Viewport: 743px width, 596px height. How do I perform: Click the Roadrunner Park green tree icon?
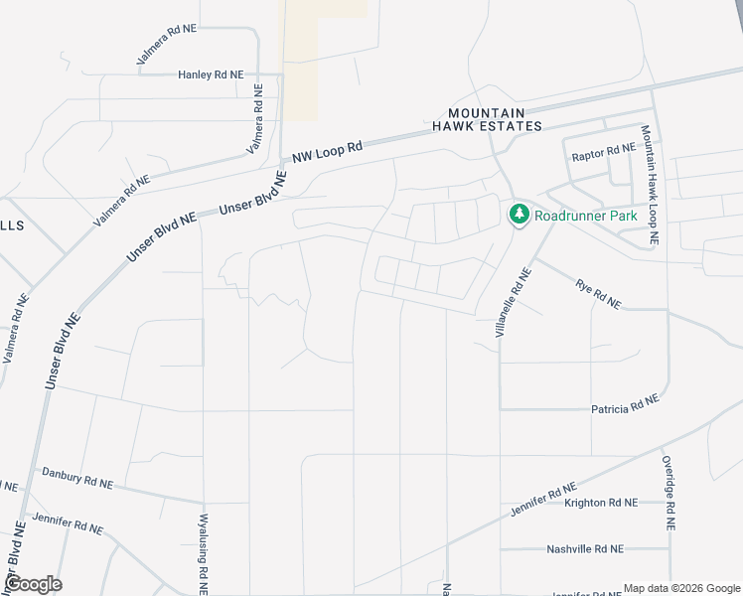coord(519,214)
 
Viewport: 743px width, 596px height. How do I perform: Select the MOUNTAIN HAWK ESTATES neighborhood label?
coord(487,120)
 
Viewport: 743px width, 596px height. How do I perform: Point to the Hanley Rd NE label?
coord(211,74)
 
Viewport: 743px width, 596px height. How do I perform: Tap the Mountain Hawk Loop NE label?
coord(649,185)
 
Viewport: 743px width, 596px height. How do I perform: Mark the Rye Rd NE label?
coord(598,294)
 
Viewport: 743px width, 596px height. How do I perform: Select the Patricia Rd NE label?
coord(625,405)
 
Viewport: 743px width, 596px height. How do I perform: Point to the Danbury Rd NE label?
coord(77,478)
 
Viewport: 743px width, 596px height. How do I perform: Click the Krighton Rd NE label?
coord(600,503)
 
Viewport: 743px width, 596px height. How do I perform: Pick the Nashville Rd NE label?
coord(585,548)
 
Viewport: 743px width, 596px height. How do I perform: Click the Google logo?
coord(33,584)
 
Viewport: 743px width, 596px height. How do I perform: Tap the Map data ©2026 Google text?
coord(681,588)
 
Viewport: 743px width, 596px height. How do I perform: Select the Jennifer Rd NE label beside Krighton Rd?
coord(543,500)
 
